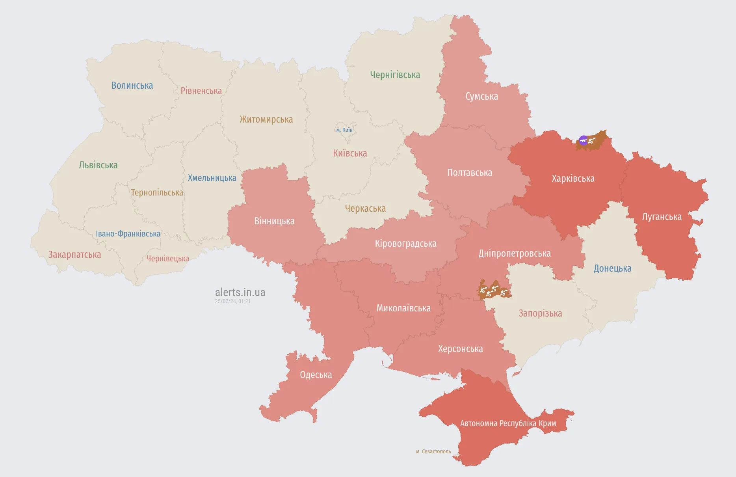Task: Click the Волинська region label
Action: click(132, 86)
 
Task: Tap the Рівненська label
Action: click(201, 91)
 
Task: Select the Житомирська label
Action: click(266, 119)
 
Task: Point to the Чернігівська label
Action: click(395, 75)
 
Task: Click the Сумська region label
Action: click(481, 97)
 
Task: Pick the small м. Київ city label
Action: click(344, 130)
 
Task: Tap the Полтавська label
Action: click(469, 173)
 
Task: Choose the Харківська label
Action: click(573, 179)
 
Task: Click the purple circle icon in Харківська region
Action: click(583, 140)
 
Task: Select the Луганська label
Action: click(662, 217)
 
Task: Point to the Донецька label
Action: click(612, 268)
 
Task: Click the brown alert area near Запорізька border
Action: click(494, 291)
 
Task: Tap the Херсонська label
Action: click(460, 349)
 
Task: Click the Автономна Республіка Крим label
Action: click(508, 423)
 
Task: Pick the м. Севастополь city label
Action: click(433, 451)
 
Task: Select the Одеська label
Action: click(316, 375)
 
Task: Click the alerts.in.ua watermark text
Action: click(240, 293)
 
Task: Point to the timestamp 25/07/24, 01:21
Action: click(232, 301)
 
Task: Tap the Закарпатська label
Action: click(74, 255)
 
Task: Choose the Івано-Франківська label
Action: click(128, 234)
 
